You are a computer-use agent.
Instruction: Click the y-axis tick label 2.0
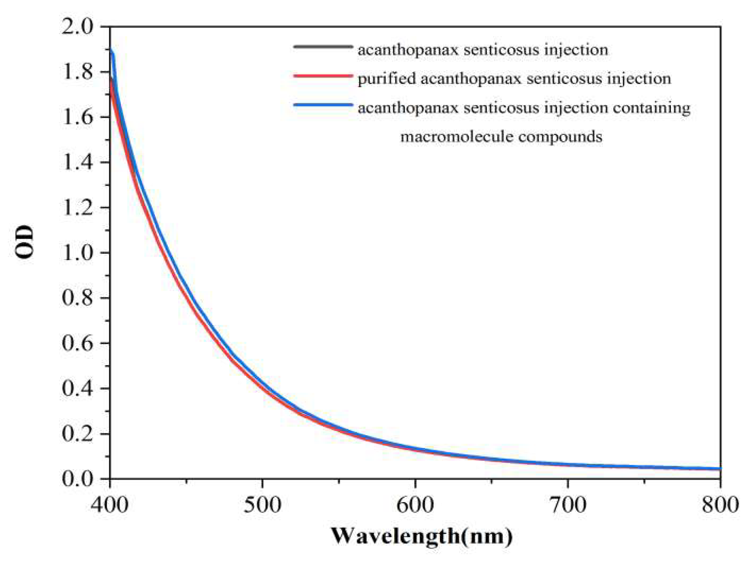[x=78, y=27]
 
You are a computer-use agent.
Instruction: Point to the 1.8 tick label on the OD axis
[x=78, y=73]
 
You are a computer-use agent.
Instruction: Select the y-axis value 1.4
[x=78, y=163]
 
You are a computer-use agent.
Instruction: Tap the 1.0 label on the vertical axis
[x=78, y=253]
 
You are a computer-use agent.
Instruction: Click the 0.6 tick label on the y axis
[x=78, y=344]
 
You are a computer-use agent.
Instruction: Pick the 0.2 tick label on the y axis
[x=78, y=434]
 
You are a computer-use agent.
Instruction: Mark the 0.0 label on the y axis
[x=78, y=479]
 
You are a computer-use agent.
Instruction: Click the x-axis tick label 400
[x=110, y=504]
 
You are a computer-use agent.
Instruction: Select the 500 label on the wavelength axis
[x=262, y=504]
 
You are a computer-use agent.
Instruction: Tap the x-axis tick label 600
[x=415, y=504]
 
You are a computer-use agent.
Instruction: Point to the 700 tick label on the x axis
[x=567, y=504]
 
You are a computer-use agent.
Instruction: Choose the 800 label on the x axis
[x=720, y=504]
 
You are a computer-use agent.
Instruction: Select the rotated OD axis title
[x=24, y=242]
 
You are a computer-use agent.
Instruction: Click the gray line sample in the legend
[x=323, y=47]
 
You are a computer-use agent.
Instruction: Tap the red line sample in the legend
[x=323, y=76]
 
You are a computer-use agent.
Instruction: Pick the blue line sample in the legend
[x=323, y=105]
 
